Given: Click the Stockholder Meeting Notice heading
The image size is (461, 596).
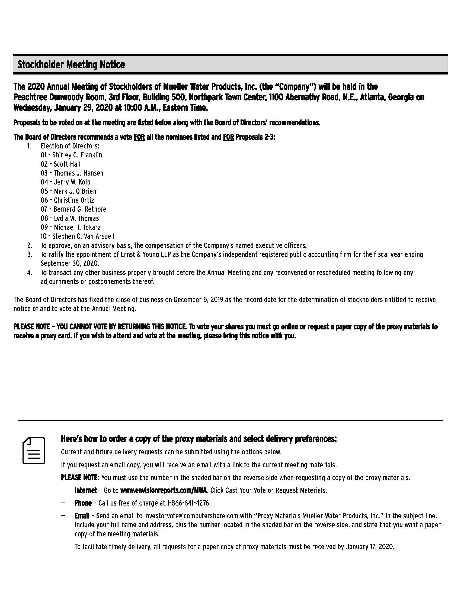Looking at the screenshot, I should pyautogui.click(x=71, y=65).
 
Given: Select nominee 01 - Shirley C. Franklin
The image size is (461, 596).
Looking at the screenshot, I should pyautogui.click(x=71, y=155).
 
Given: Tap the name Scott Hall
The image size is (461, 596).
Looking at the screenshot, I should pyautogui.click(x=67, y=164).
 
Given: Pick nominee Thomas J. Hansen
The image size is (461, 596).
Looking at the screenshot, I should pyautogui.click(x=78, y=173).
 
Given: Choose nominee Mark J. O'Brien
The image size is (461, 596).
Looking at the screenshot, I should pyautogui.click(x=75, y=191).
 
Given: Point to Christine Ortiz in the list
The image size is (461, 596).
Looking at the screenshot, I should pyautogui.click(x=74, y=200).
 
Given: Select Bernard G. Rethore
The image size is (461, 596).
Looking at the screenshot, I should pyautogui.click(x=80, y=209).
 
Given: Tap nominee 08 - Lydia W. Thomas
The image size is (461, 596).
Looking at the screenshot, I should pyautogui.click(x=70, y=218).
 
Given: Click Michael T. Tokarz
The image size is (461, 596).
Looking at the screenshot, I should pyautogui.click(x=77, y=227).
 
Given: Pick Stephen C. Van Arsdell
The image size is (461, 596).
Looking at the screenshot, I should pyautogui.click(x=83, y=236).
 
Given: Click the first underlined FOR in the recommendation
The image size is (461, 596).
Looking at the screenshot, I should pyautogui.click(x=139, y=137).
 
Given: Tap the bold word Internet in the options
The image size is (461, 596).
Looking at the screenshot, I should pyautogui.click(x=85, y=490).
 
